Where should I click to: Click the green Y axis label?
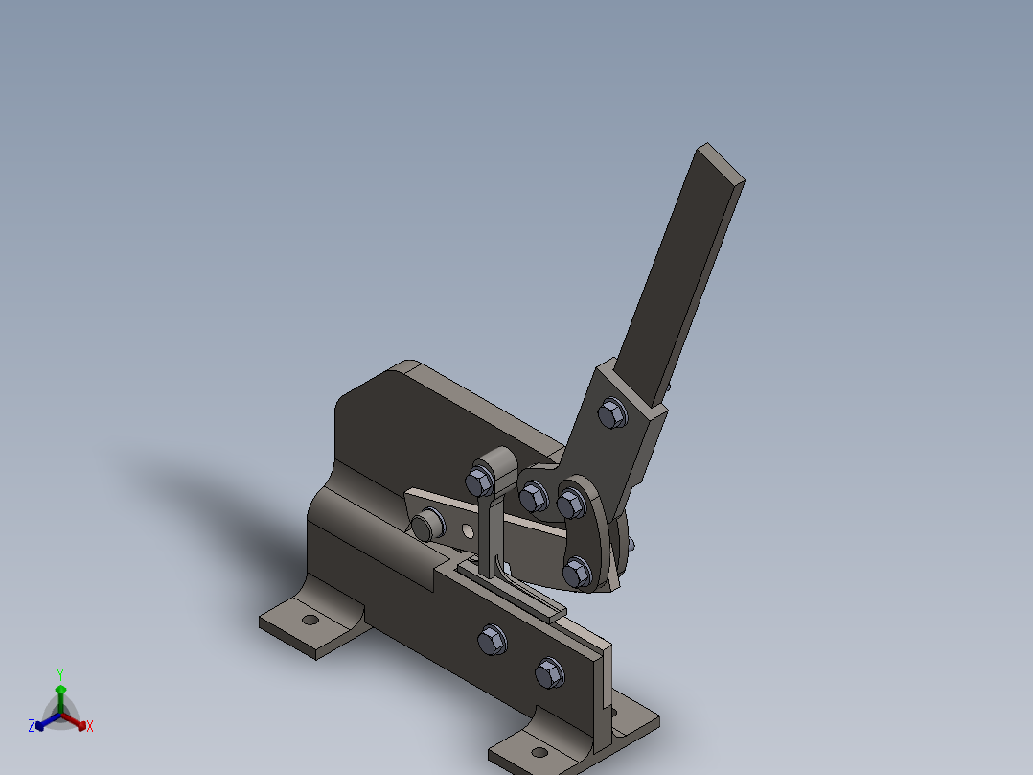(59, 673)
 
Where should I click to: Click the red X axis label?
(90, 727)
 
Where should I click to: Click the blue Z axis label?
(32, 726)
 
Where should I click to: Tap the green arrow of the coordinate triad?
(60, 693)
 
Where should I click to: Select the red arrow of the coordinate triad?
(77, 721)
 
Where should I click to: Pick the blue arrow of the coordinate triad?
(44, 721)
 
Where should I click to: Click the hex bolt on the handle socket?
(611, 414)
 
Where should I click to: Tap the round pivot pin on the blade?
(427, 525)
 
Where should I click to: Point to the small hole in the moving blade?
(467, 529)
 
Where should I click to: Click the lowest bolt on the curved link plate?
(576, 573)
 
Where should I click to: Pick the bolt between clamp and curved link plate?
(534, 497)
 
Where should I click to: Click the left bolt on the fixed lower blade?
(491, 639)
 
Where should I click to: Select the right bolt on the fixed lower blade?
(549, 673)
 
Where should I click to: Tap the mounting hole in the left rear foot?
(310, 620)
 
